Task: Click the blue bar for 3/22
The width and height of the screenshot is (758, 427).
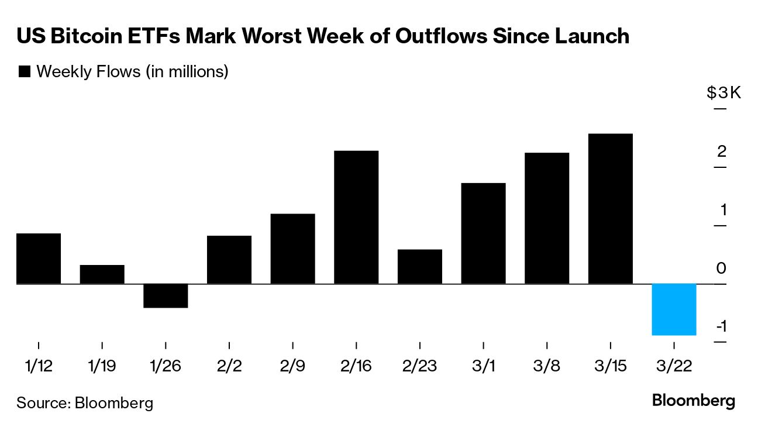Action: [674, 309]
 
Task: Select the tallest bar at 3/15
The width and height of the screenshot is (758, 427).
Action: [610, 209]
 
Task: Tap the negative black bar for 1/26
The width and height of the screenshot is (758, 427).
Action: [166, 295]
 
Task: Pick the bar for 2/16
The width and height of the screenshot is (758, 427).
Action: [356, 217]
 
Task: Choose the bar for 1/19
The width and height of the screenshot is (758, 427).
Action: [102, 274]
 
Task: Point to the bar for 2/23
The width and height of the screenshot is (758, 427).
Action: [419, 267]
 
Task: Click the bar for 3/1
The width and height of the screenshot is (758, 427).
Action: [483, 233]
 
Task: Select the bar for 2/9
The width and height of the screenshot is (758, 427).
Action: [292, 249]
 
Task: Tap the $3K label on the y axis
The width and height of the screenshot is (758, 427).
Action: [723, 93]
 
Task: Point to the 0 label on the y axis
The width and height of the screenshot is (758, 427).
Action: [721, 268]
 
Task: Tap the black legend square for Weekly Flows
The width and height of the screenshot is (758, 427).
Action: [25, 72]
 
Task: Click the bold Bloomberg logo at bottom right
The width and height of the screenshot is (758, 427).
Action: [693, 401]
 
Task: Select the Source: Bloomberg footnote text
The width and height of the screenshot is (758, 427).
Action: [85, 402]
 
